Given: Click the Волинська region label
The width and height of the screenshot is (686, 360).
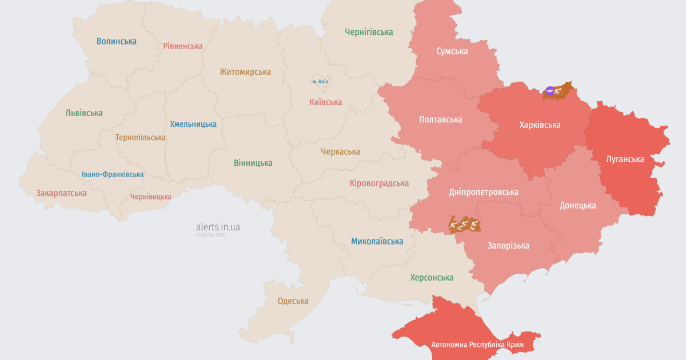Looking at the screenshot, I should coord(117,41).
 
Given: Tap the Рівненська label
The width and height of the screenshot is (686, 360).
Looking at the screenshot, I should coord(183,46).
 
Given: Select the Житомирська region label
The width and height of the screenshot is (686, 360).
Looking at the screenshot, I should coord(245,72).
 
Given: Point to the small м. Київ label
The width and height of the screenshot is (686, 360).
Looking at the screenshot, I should coord(320,82).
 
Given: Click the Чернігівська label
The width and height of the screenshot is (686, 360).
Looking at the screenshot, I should coord(369,32).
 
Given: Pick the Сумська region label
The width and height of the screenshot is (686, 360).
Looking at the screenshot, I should coord(452,51).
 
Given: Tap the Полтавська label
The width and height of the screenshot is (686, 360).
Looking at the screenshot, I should coord(440,119).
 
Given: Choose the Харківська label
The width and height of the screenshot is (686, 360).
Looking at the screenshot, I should coord(540,125).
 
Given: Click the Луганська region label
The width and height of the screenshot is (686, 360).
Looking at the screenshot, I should coord(625,159).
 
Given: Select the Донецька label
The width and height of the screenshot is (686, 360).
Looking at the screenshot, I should coord(577,205).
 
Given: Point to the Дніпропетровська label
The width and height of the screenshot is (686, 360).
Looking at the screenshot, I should coord(484,191).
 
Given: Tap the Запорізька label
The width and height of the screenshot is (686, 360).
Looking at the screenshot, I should coord(508,246).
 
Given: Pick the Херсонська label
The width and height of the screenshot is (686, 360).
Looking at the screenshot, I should coord(432,277).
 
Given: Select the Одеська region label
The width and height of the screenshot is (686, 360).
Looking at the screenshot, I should coord(293,301).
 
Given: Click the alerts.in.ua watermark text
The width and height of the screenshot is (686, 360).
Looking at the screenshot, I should coord(218,227).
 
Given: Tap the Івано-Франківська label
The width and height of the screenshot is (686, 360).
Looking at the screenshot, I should coord(113,174).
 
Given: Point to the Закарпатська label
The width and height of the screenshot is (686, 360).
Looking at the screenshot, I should coord(61,193).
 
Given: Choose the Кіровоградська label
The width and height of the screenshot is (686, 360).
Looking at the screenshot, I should coord(379,183).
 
